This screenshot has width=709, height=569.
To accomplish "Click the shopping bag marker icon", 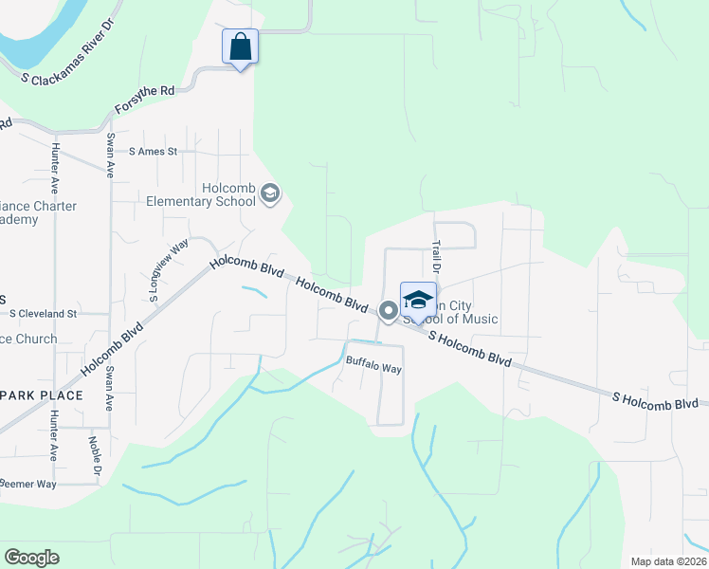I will [x=241, y=46].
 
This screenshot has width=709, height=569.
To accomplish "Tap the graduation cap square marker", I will [x=418, y=300].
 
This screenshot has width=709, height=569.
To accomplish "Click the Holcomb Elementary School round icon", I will [x=270, y=193].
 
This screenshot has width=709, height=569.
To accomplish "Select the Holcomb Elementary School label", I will [x=201, y=194].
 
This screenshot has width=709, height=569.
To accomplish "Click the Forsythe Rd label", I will [x=145, y=98].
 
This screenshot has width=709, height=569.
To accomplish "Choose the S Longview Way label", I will [x=169, y=271].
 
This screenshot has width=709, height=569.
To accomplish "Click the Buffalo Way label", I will [x=373, y=365].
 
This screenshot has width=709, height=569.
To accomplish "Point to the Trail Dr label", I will [x=437, y=256].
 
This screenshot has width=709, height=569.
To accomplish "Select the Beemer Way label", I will [x=28, y=484].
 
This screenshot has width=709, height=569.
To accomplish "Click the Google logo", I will [x=31, y=558].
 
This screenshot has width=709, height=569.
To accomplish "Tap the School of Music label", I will [x=449, y=319].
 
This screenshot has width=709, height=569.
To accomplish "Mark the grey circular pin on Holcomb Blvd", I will [x=388, y=310].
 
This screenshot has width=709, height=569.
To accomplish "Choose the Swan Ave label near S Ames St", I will [x=110, y=156].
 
